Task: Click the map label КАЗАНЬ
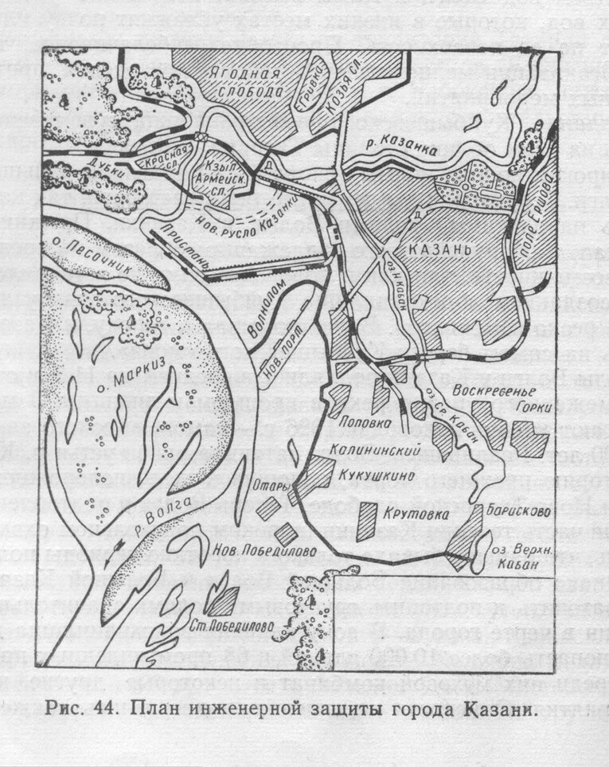[441, 248]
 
